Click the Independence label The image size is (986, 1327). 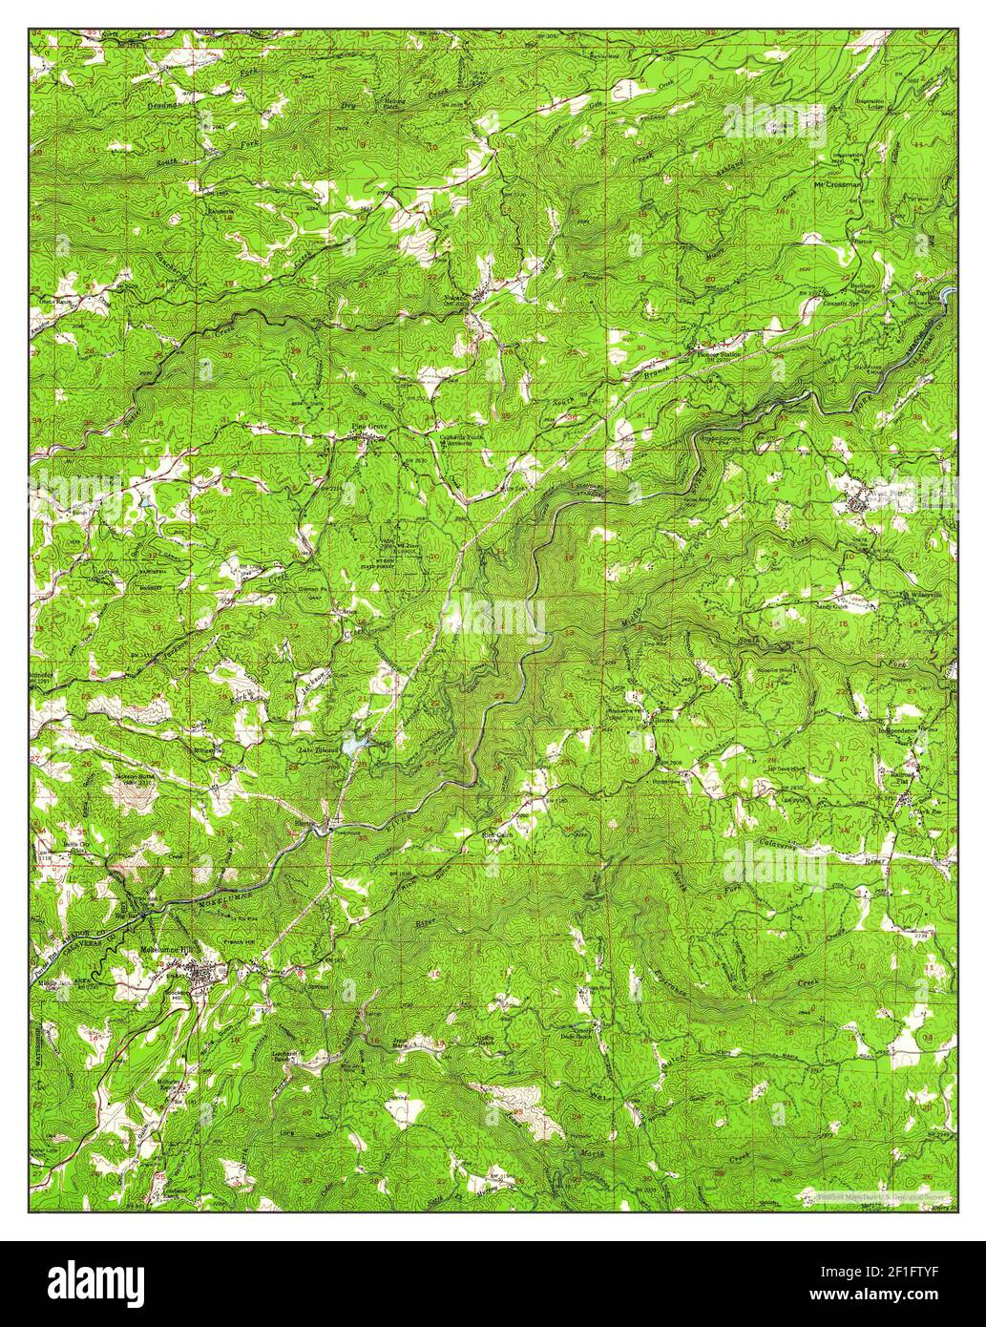pyautogui.click(x=897, y=729)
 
